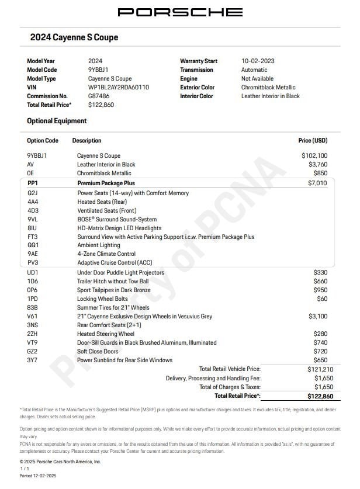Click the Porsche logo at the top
click(x=180, y=12)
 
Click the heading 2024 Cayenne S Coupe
click(x=74, y=37)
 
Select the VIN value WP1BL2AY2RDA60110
click(x=119, y=87)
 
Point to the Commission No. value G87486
click(x=99, y=96)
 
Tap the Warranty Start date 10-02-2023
click(x=258, y=61)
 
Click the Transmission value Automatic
click(x=254, y=70)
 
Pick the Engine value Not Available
click(x=257, y=78)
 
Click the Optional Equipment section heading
click(x=57, y=121)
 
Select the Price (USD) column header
click(x=313, y=141)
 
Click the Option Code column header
click(x=43, y=141)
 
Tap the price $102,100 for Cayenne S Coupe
click(x=314, y=156)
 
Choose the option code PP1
click(x=33, y=183)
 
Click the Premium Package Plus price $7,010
click(x=318, y=183)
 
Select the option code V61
click(x=33, y=316)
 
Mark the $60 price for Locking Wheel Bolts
click(x=321, y=299)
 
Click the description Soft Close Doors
click(x=99, y=351)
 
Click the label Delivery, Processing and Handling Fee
click(x=213, y=378)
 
